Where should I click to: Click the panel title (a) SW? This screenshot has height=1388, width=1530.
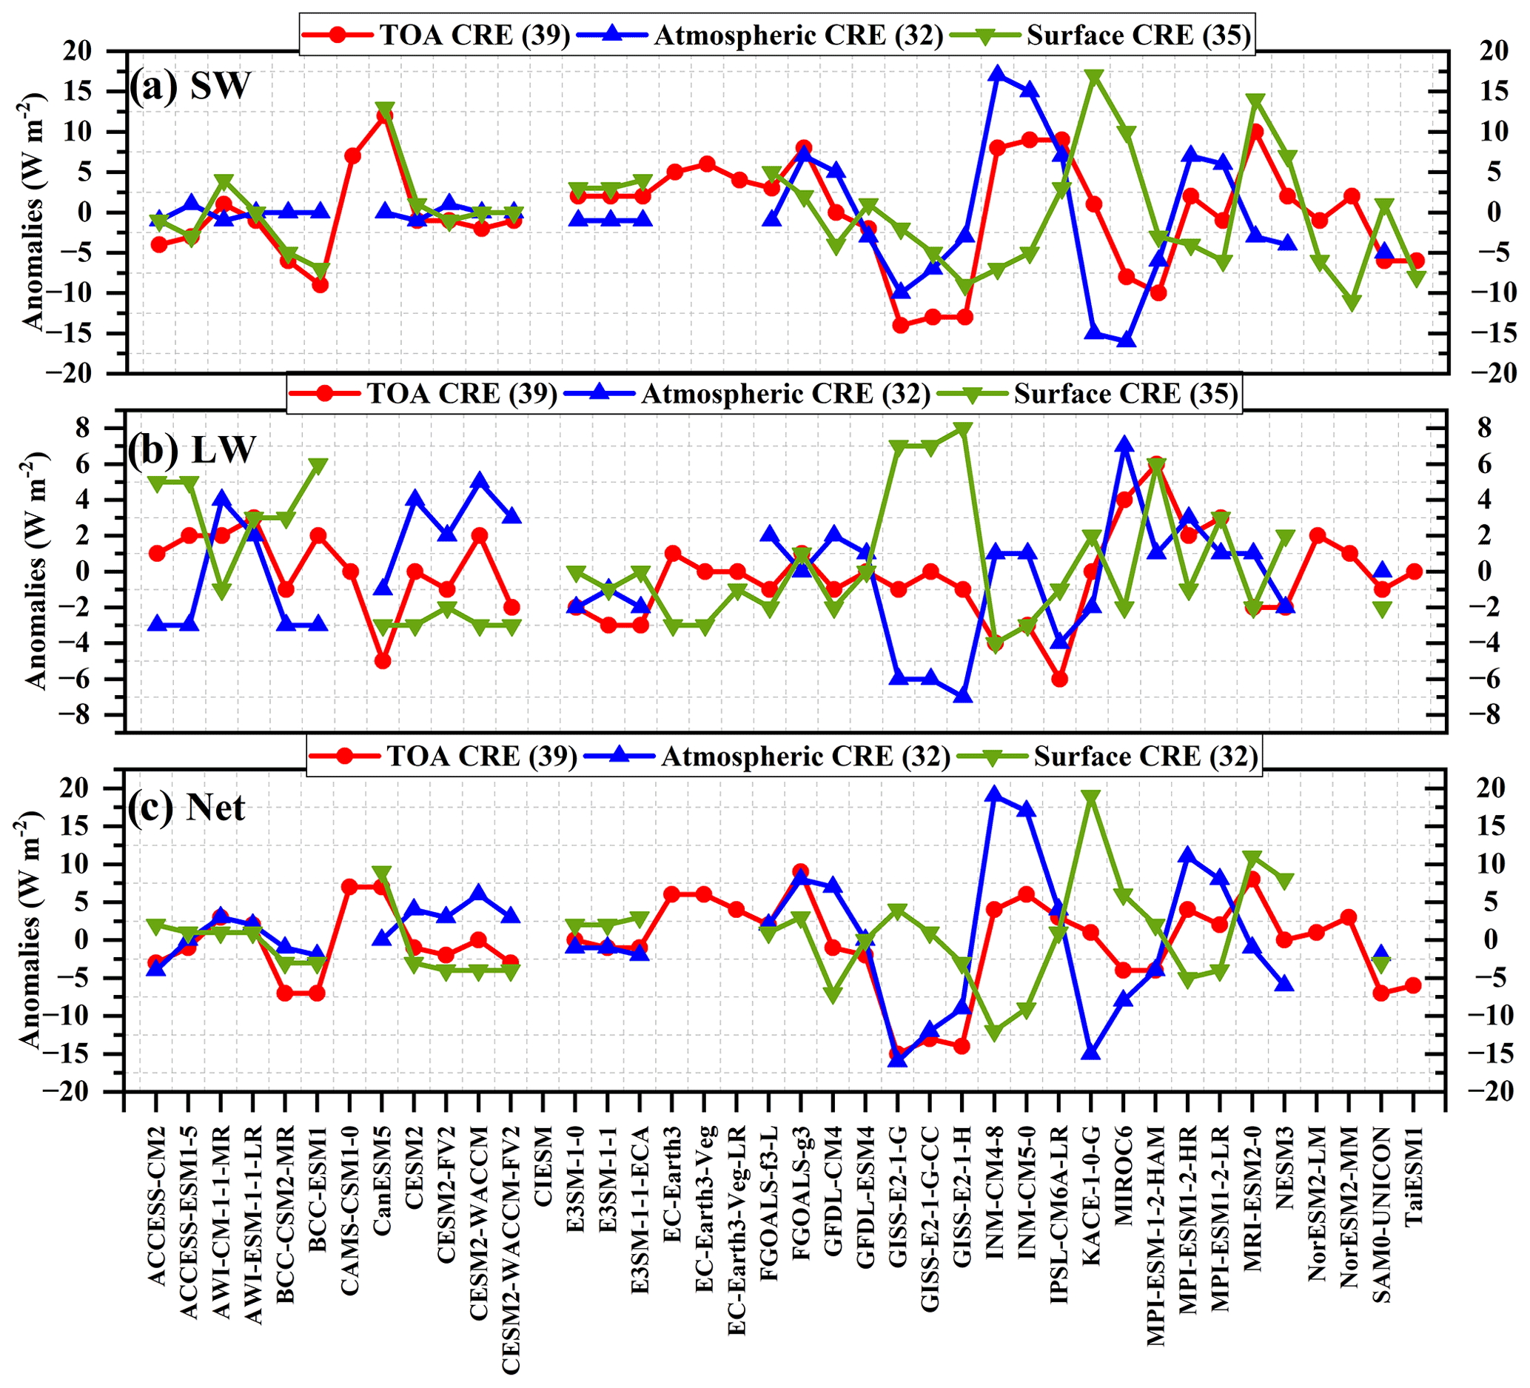click(x=189, y=86)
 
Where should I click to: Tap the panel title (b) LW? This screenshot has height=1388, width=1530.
click(x=191, y=449)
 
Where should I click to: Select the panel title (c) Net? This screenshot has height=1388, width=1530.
click(x=187, y=807)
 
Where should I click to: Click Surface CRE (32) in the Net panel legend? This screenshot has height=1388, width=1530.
click(x=1145, y=757)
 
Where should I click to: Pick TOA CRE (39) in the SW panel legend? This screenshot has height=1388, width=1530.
click(x=474, y=35)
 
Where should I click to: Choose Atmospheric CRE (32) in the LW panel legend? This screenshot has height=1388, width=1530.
click(x=785, y=394)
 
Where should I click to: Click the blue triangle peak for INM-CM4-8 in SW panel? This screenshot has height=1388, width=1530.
click(x=997, y=74)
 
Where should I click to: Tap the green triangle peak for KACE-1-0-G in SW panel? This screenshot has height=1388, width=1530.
click(x=1093, y=78)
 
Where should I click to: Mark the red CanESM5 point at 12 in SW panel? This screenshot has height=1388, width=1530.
click(x=384, y=116)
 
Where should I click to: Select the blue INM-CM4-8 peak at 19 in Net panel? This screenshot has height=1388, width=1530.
click(x=994, y=795)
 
